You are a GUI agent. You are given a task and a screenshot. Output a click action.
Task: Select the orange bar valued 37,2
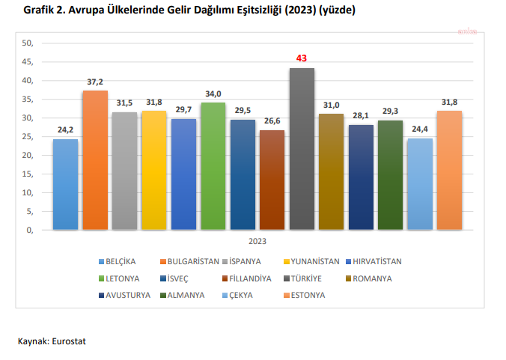(95, 159)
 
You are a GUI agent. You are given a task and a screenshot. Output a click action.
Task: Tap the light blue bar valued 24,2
(66, 184)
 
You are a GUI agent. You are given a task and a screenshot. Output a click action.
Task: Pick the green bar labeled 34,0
(213, 165)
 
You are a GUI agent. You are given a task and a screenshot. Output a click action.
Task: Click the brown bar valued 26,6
(272, 180)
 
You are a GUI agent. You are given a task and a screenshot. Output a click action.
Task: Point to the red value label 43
(302, 58)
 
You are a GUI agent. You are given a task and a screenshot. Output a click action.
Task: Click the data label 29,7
(183, 109)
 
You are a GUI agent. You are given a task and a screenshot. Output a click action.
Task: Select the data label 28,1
(361, 115)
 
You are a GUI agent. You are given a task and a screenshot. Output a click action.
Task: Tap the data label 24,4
(420, 129)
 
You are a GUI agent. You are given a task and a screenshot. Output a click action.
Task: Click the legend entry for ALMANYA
(188, 295)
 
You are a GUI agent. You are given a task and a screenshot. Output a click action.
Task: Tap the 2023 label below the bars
(257, 241)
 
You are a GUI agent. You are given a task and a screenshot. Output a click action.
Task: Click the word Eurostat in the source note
(70, 341)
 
